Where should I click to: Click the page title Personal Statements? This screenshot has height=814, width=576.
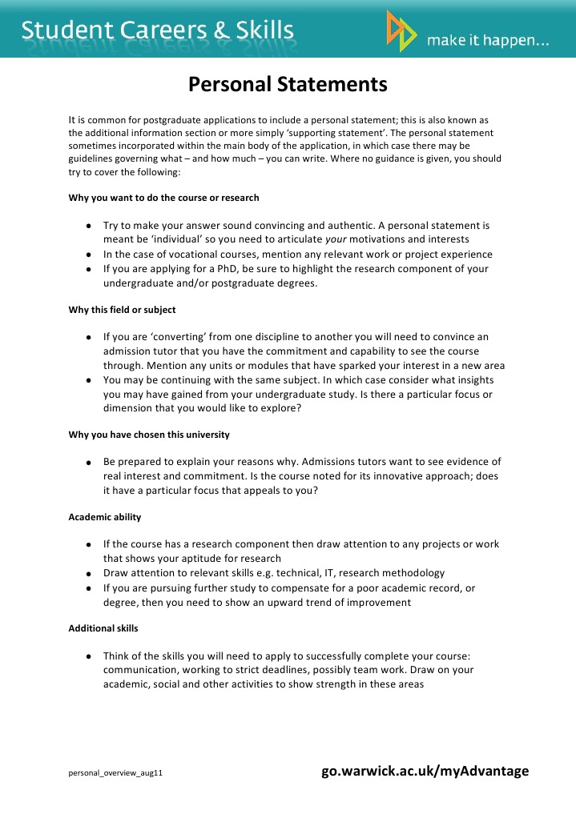pos(288,84)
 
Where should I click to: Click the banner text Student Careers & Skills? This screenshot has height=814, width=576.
pos(158,30)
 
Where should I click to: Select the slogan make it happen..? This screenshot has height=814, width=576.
pos(487,40)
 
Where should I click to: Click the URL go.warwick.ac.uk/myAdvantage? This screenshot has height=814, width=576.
pos(425,771)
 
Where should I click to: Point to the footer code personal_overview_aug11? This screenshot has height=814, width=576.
pos(115,774)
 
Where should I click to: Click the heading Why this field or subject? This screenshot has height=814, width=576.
pos(122,310)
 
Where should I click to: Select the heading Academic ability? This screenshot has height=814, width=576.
pos(105,517)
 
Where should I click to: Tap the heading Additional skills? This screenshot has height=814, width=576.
pos(103,628)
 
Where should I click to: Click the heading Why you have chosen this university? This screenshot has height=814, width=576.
pos(149,435)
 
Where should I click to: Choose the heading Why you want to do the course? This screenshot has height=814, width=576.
pos(163,197)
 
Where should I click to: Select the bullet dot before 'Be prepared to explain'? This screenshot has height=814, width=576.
pos(87,463)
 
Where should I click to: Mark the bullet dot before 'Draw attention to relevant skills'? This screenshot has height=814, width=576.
pos(87,574)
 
